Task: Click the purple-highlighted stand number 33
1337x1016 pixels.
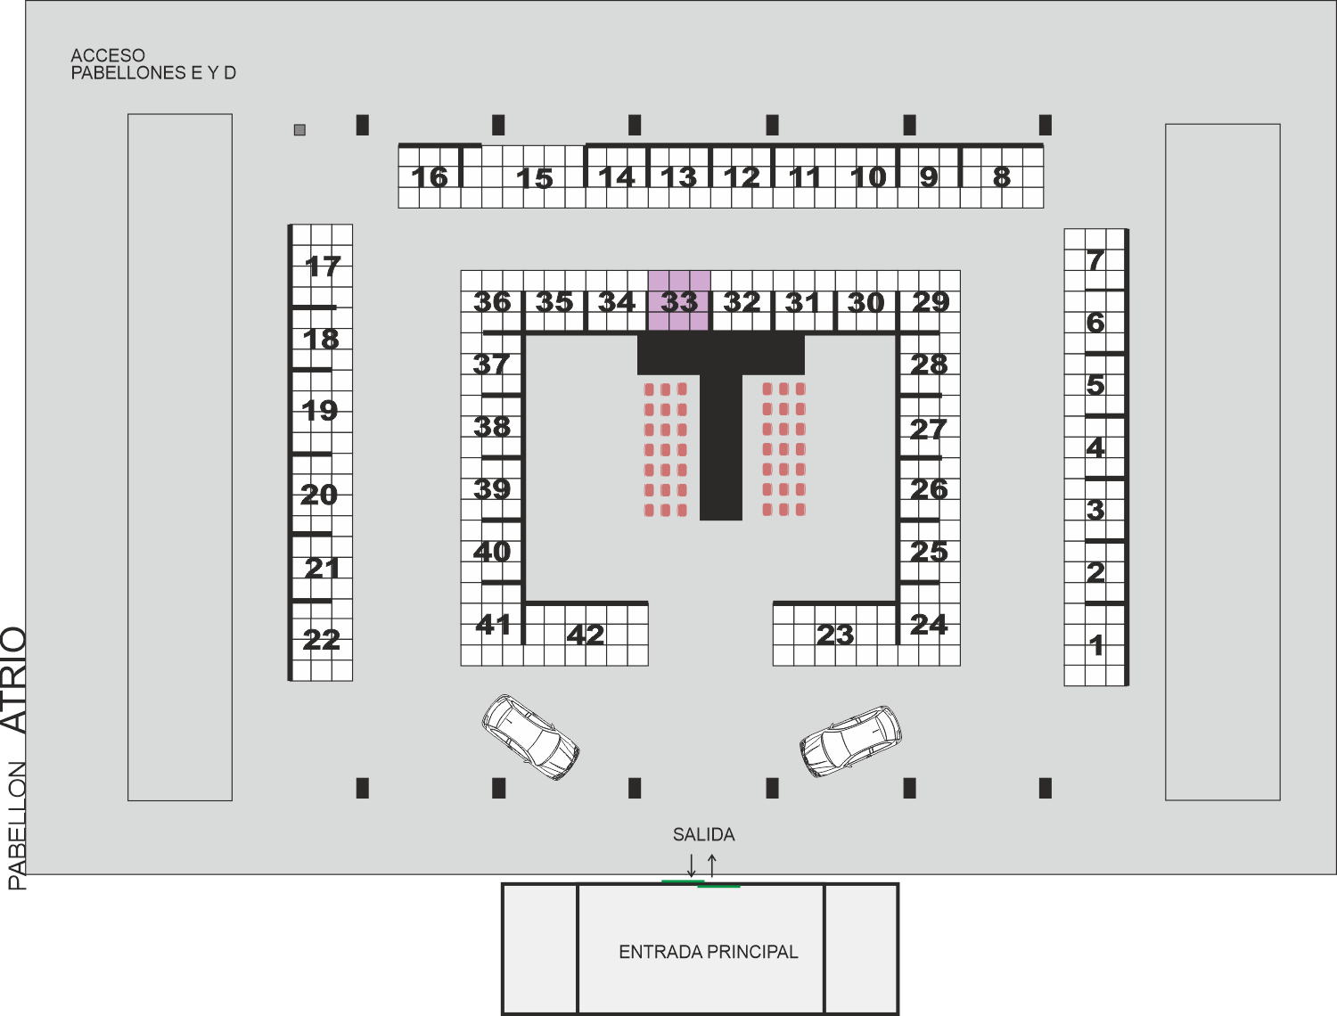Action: click(x=679, y=302)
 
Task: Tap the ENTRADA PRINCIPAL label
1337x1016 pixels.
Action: click(x=709, y=952)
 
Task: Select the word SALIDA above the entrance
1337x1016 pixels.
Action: click(x=703, y=834)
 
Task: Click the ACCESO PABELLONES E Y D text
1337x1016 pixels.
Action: click(x=153, y=64)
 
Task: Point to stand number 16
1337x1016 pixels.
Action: click(x=430, y=177)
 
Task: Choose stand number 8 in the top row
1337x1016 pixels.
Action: click(x=1002, y=177)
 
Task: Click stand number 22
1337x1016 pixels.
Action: click(x=321, y=640)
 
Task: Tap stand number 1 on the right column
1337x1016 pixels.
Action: click(x=1096, y=645)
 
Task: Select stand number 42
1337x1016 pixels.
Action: click(x=586, y=635)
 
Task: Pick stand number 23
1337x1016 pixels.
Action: click(x=835, y=635)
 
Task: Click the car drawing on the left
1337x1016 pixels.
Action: click(x=530, y=737)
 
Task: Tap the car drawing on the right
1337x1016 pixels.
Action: click(x=850, y=742)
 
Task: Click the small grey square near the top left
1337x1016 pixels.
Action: click(x=299, y=129)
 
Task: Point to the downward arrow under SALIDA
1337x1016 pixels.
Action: click(x=692, y=865)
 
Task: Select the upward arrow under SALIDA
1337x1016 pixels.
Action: click(x=712, y=865)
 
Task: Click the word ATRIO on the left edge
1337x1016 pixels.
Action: click(x=14, y=680)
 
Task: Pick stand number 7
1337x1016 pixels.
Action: click(x=1095, y=260)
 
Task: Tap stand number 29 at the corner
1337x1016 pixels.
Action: click(x=931, y=302)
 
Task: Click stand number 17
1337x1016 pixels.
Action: click(x=323, y=266)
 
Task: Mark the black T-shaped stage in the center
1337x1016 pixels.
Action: click(x=721, y=426)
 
